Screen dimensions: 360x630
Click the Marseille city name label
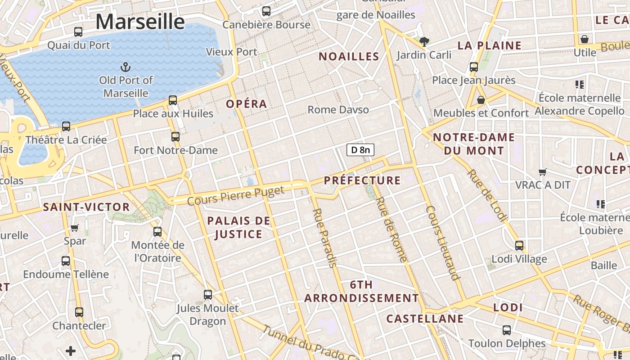coord(140,22)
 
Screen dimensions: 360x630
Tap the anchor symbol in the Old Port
coord(126,67)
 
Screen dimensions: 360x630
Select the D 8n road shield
coord(360,150)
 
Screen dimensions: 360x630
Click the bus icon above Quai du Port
coord(78,32)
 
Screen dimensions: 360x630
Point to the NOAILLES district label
coord(349,56)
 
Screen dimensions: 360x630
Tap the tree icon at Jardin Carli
coord(424,42)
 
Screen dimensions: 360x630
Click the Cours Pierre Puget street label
coord(236,196)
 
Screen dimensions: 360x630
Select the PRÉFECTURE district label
coord(362,180)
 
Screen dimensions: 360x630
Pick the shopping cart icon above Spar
coord(75,228)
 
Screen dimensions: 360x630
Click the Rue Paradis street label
coord(324,238)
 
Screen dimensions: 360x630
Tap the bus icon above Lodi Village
coord(519,245)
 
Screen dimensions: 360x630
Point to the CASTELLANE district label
coord(425,319)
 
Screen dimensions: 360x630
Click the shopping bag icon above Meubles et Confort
coord(481,99)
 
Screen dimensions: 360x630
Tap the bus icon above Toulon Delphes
coord(507,330)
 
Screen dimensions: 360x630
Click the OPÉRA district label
coord(247,104)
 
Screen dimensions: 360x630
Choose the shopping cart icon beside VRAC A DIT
coord(543,172)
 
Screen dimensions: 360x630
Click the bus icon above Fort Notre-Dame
coord(175,136)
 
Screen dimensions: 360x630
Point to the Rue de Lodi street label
coord(487,195)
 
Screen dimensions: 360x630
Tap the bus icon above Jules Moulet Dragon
coord(207,295)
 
